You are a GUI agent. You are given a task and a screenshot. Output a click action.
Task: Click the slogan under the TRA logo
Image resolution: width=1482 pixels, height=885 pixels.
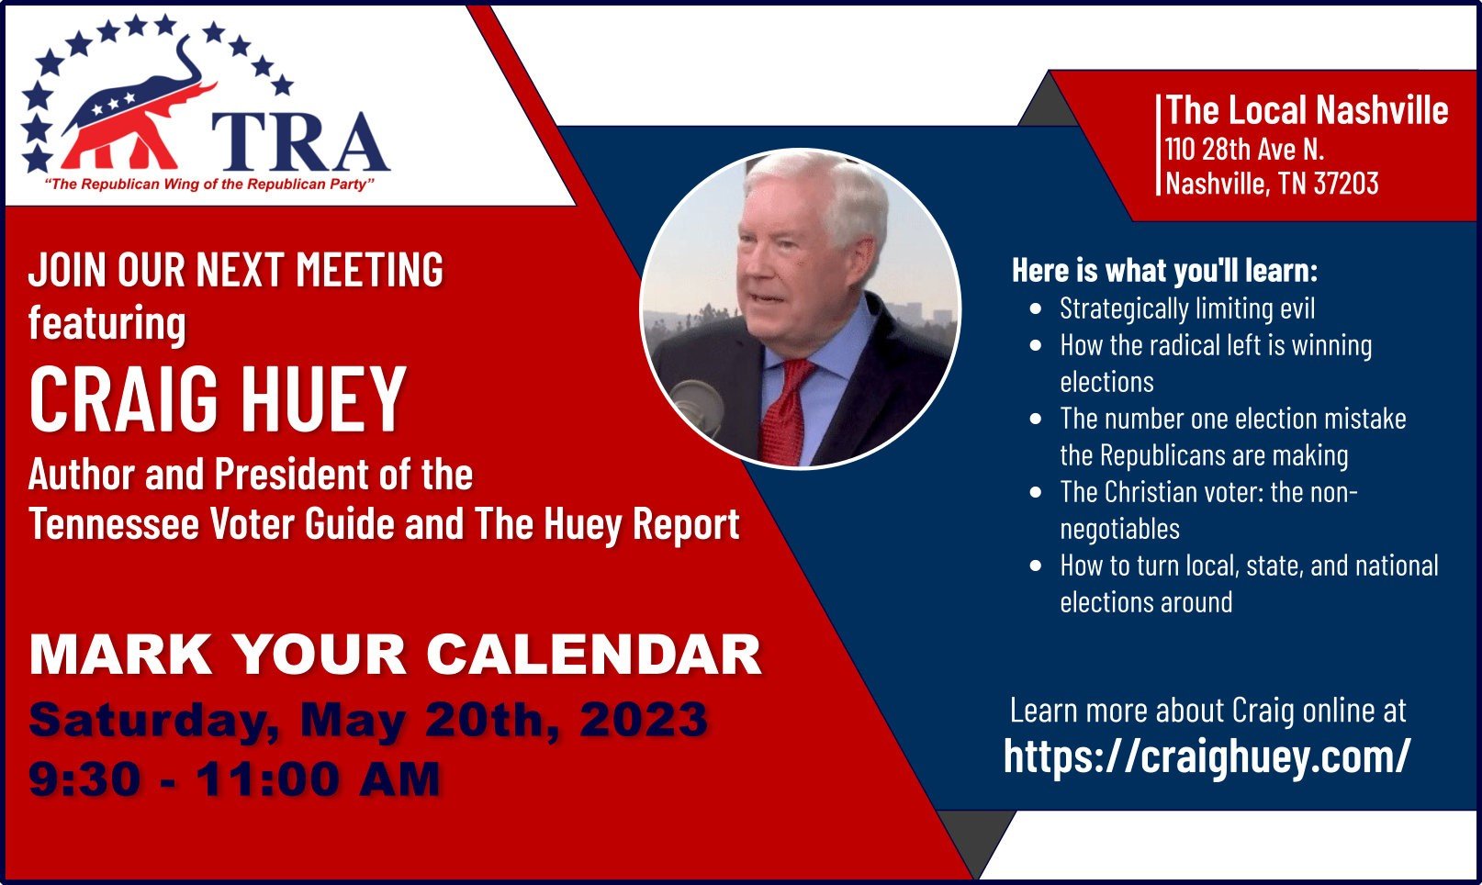pyautogui.click(x=209, y=185)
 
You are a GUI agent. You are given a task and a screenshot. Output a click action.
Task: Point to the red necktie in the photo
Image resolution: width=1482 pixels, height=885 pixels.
pyautogui.click(x=786, y=411)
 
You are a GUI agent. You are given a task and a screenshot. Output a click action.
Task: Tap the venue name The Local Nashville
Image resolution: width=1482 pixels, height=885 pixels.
pyautogui.click(x=1307, y=110)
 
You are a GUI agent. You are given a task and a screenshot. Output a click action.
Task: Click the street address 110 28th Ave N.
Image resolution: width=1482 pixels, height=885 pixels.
pyautogui.click(x=1244, y=150)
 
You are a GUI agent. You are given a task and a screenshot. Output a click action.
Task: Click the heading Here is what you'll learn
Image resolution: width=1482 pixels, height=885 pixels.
pyautogui.click(x=1165, y=271)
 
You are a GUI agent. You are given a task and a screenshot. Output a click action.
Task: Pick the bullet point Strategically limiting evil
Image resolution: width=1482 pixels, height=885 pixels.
pyautogui.click(x=1187, y=308)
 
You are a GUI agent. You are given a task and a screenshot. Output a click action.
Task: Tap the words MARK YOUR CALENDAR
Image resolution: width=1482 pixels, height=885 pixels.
pyautogui.click(x=395, y=655)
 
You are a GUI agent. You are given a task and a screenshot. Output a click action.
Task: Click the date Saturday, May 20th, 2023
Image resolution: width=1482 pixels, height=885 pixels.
pyautogui.click(x=368, y=721)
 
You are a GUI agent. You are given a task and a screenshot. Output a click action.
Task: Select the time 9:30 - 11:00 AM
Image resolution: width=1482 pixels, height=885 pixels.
pyautogui.click(x=234, y=779)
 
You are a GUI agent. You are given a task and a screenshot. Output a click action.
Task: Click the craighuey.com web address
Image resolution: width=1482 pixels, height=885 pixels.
pyautogui.click(x=1207, y=756)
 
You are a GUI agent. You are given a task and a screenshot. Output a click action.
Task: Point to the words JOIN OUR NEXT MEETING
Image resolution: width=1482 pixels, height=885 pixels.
pyautogui.click(x=236, y=270)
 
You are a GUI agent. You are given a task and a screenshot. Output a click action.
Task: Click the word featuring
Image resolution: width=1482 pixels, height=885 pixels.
pyautogui.click(x=107, y=324)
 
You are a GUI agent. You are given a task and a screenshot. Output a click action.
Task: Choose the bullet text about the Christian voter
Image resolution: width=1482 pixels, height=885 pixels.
pyautogui.click(x=1208, y=510)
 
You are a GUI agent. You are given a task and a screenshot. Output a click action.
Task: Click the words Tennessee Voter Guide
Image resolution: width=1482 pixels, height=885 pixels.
pyautogui.click(x=212, y=524)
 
